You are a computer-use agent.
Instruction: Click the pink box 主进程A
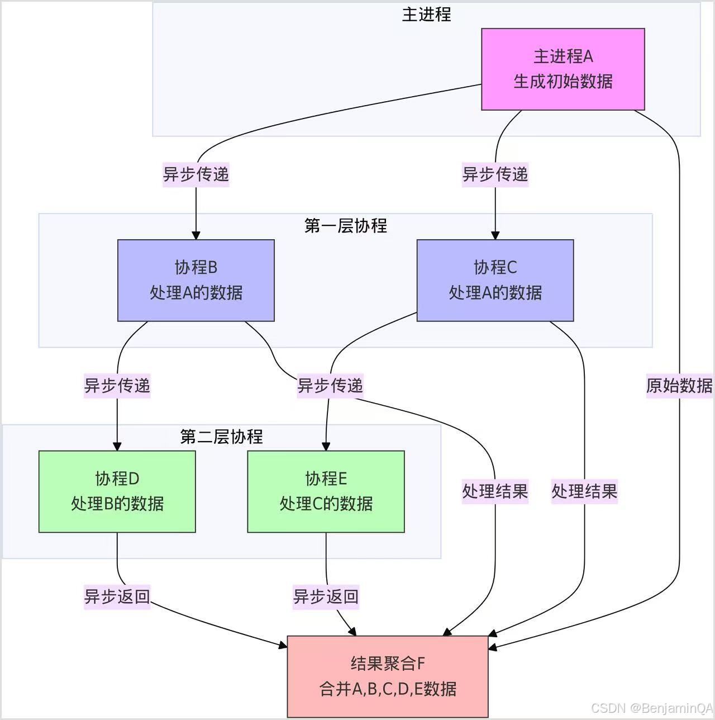[563, 69]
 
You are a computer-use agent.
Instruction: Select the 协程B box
[196, 280]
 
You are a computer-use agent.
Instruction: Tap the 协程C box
[495, 280]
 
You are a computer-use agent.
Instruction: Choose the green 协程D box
[117, 491]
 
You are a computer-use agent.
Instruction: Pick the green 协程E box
[326, 491]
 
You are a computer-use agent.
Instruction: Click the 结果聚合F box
[388, 676]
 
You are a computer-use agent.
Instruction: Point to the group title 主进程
[426, 15]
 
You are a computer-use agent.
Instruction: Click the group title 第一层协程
[345, 226]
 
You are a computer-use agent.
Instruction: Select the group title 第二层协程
[221, 437]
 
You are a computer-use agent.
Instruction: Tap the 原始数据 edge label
[679, 386]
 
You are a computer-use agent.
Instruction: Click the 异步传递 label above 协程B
[196, 174]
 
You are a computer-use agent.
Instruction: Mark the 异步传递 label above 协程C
[495, 174]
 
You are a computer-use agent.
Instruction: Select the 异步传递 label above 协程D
[117, 386]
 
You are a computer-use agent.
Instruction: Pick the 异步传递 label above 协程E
[330, 386]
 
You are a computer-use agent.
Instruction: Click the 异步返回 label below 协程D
[117, 596]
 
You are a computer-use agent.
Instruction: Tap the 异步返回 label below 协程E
[326, 596]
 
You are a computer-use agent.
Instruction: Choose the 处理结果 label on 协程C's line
[584, 491]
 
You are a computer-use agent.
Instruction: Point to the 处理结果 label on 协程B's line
[495, 491]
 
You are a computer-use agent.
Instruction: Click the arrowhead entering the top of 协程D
[117, 446]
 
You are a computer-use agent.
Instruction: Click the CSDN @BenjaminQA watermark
[651, 708]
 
